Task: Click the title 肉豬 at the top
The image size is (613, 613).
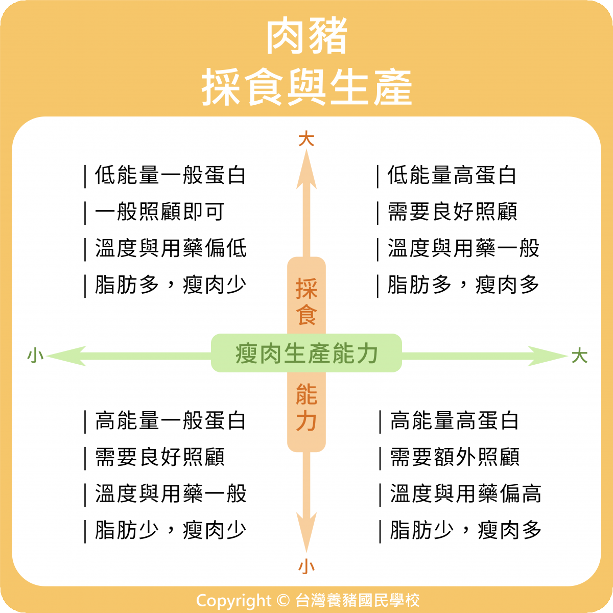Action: [x=306, y=37]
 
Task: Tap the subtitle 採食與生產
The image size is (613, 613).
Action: [x=306, y=88]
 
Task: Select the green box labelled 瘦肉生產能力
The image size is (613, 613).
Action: [x=306, y=353]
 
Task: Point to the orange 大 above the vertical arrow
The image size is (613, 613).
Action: [x=306, y=139]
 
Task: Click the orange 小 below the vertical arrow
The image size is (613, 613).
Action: [x=306, y=566]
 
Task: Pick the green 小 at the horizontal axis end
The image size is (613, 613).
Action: [x=35, y=356]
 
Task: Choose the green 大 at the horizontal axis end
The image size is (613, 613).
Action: [x=579, y=356]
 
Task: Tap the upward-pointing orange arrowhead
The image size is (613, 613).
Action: [x=306, y=169]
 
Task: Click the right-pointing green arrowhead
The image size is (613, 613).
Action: [x=547, y=356]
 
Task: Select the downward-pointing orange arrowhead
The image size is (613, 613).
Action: [x=306, y=536]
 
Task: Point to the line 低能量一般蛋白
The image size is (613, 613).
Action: [x=171, y=175]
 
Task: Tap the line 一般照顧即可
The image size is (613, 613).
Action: [x=160, y=211]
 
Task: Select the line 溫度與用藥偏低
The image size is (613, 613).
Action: [x=171, y=248]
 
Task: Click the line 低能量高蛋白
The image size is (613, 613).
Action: [x=452, y=175]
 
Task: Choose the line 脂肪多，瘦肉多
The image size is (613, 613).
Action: [x=463, y=285]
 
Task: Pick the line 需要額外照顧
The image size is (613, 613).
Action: [x=455, y=457]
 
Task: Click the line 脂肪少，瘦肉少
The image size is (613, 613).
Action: [x=171, y=530]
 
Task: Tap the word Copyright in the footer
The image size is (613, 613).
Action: [x=233, y=600]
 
